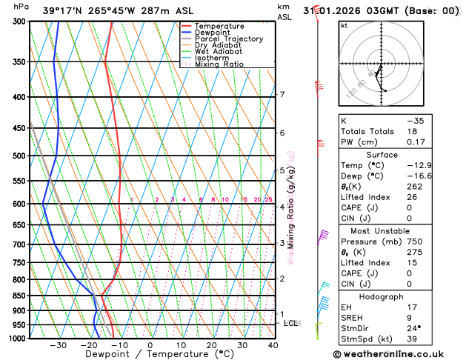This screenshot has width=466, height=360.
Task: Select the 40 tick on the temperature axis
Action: tap(273, 345)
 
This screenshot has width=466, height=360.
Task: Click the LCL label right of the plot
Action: tap(291, 324)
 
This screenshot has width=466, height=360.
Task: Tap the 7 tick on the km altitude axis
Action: tap(282, 95)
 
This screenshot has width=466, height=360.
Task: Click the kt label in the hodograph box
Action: tap(344, 26)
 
